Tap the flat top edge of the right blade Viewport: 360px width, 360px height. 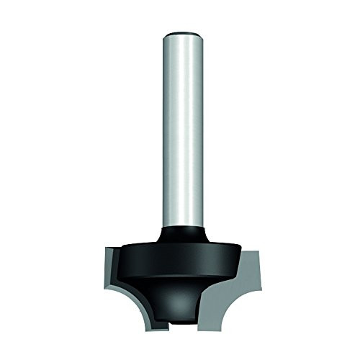pyautogui.click(x=248, y=251)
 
